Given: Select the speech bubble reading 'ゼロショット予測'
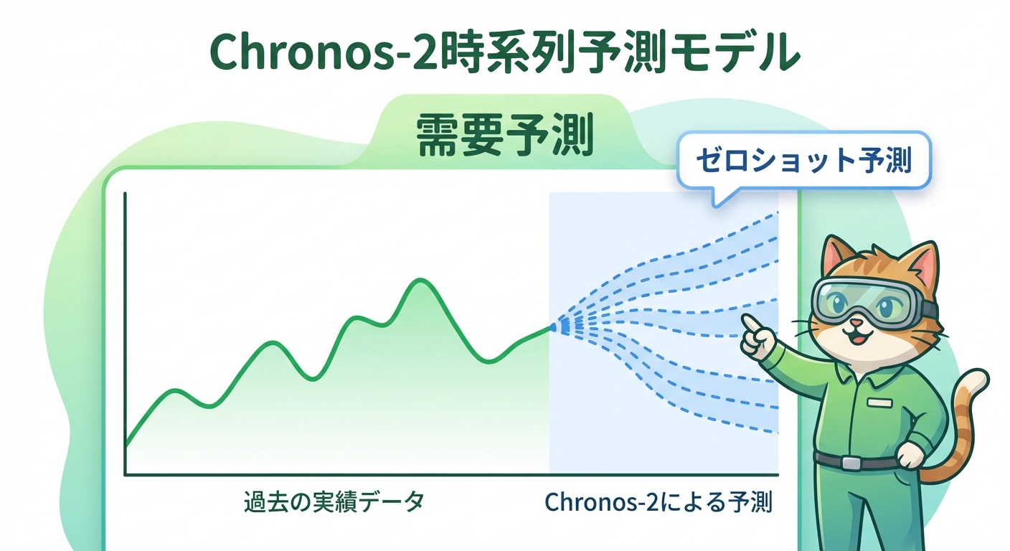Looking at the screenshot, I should (x=803, y=161).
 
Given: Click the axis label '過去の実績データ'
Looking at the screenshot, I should (x=334, y=502).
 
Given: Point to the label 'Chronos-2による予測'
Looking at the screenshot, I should (x=659, y=502).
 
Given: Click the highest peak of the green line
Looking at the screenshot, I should (x=417, y=280).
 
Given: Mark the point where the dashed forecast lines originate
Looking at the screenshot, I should (x=552, y=327).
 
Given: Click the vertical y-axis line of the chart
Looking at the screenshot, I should (x=125, y=330).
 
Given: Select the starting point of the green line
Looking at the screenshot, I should (x=126, y=446).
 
